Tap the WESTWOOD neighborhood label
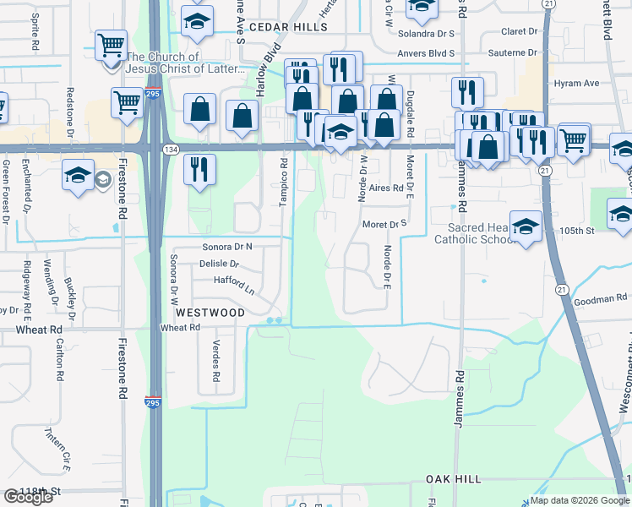click(211, 313)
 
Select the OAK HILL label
click(453, 479)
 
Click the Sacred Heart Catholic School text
click(473, 233)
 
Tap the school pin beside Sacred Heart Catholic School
click(526, 226)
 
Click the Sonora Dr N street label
click(227, 247)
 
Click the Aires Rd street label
click(385, 188)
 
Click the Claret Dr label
click(519, 31)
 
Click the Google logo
click(28, 497)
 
